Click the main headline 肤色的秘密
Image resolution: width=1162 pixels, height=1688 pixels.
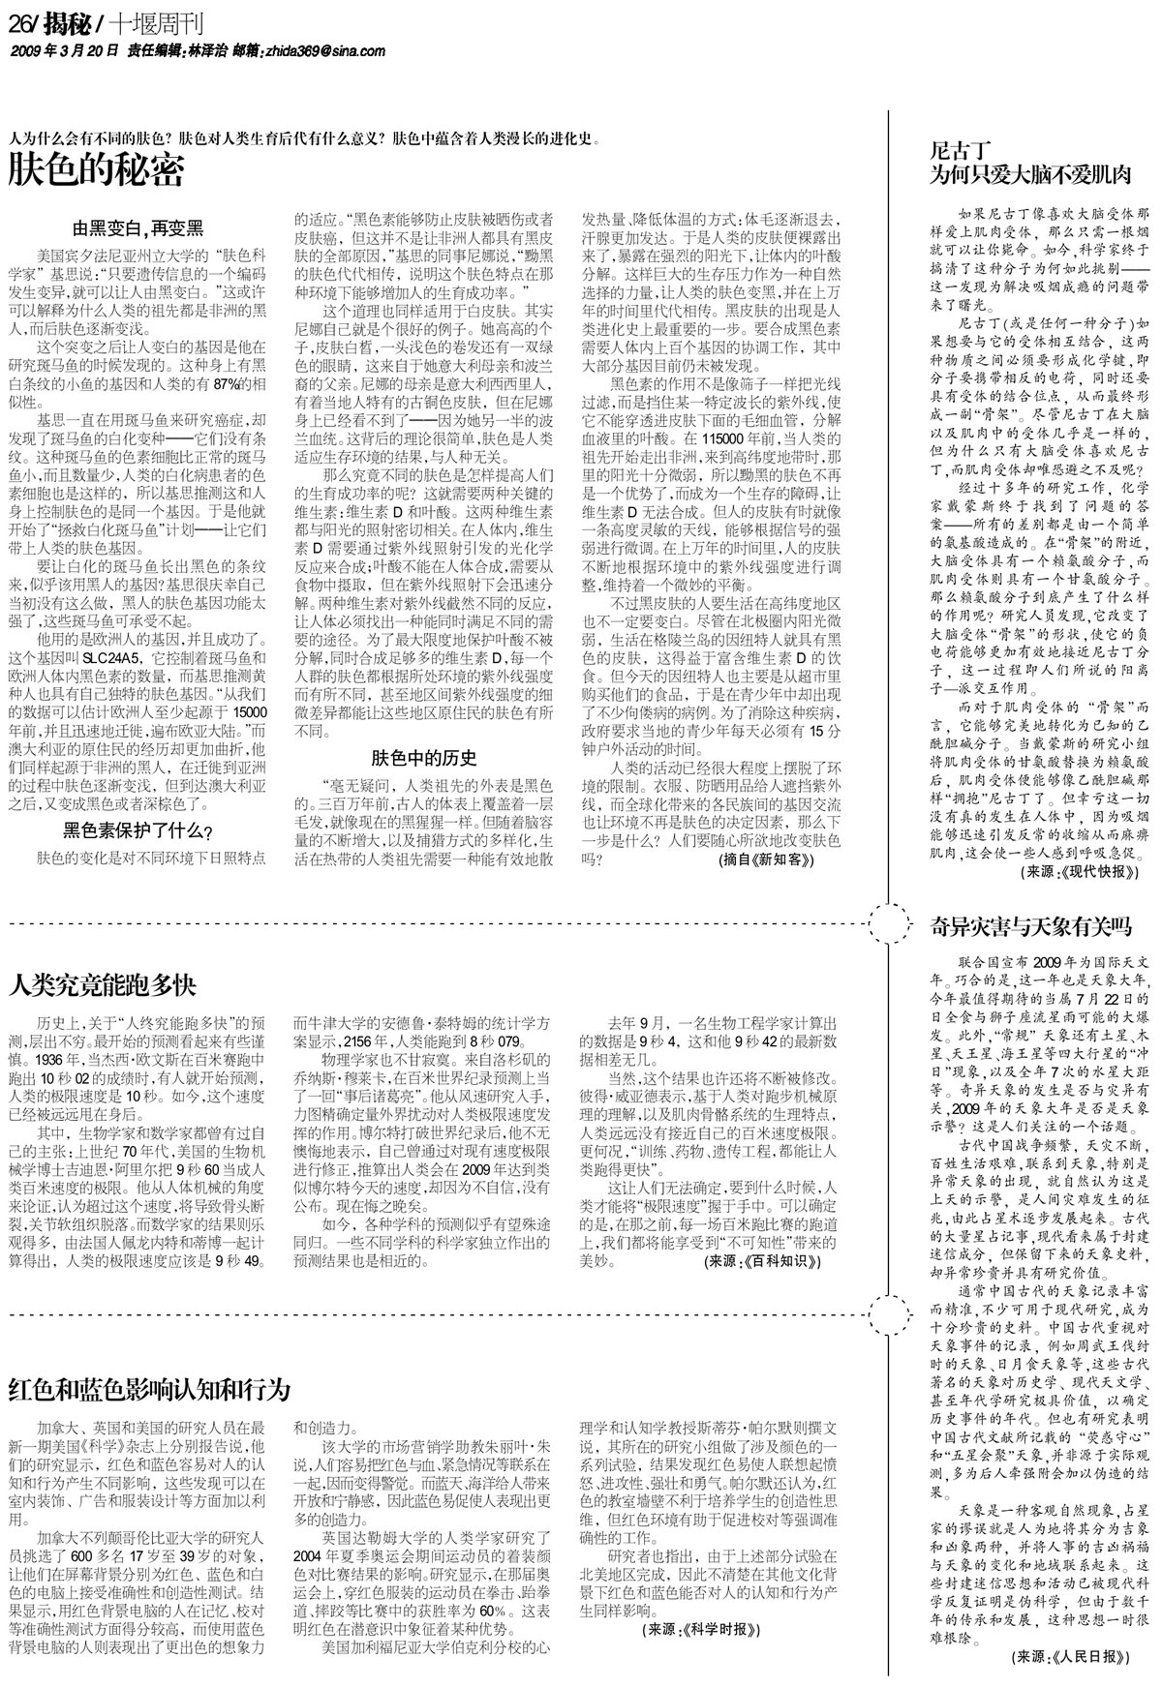(x=96, y=172)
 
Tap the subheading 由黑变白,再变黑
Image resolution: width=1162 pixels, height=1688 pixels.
(x=138, y=228)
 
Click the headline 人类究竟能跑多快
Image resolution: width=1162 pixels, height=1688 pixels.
(x=103, y=985)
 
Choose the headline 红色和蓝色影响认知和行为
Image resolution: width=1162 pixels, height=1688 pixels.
(x=149, y=1390)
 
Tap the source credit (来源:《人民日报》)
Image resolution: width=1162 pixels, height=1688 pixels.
(x=1073, y=1656)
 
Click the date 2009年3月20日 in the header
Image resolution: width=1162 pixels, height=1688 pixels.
(x=65, y=50)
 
